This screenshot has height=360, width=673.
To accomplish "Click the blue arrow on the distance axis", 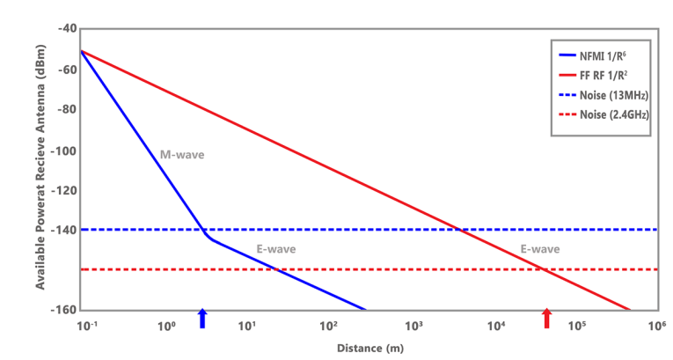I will pos(203,318).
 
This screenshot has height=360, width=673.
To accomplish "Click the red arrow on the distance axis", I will pos(547,318).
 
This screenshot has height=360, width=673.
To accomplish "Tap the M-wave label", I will pos(182,155).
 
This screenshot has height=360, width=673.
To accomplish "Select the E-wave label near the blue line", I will pos(276,250).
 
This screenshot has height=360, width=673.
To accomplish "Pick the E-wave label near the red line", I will pos(539,250).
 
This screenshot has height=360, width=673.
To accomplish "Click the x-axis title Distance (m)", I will pos(369,348).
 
